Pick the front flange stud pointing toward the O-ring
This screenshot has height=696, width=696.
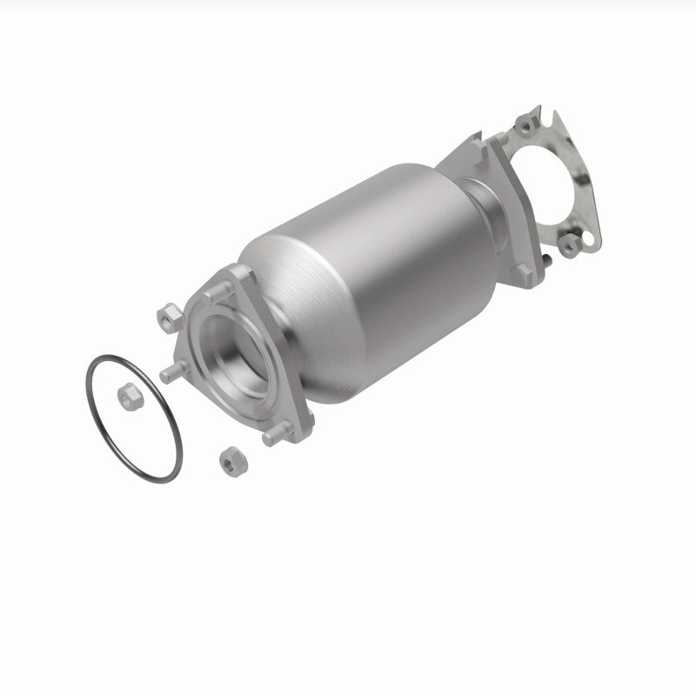click(x=172, y=375)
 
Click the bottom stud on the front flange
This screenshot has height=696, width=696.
click(x=277, y=436)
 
